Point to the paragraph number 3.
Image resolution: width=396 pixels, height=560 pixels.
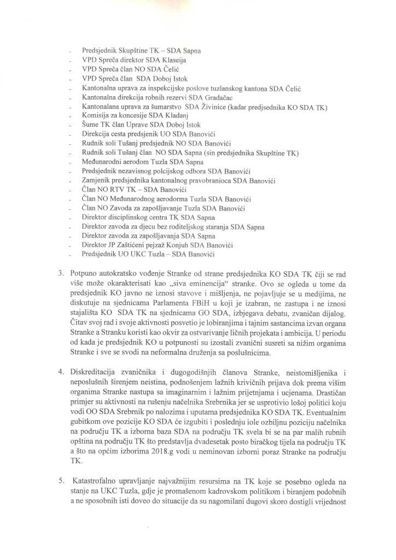tap(61, 272)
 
